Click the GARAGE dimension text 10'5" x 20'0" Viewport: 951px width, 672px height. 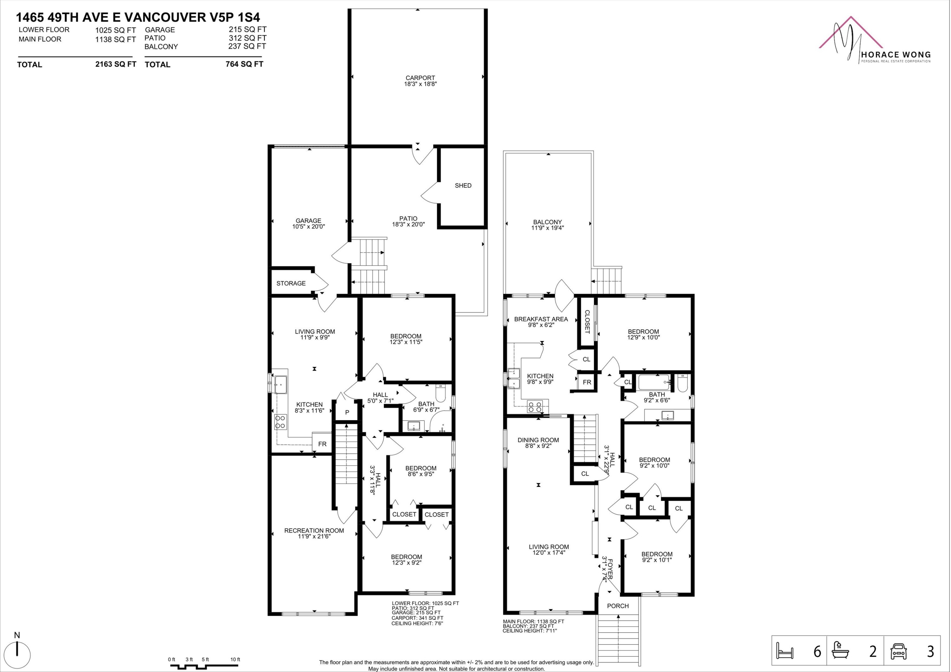point(308,227)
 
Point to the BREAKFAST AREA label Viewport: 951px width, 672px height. point(540,319)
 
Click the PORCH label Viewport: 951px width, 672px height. point(618,606)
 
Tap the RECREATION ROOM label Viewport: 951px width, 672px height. point(314,530)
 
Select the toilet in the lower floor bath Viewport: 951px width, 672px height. point(440,393)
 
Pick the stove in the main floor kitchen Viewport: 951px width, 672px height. point(535,407)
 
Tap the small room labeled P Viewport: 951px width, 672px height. point(347,412)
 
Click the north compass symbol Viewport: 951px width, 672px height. point(17,655)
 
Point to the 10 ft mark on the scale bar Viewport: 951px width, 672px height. point(235,660)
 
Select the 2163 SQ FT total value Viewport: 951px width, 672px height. point(116,64)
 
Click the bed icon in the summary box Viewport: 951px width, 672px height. point(785,652)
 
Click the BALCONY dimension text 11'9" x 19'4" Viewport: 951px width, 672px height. point(547,228)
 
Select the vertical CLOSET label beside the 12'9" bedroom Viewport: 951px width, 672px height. point(587,322)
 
